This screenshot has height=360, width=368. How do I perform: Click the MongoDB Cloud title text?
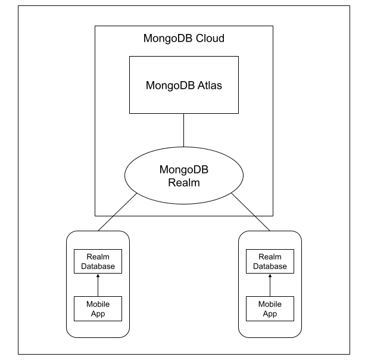184,39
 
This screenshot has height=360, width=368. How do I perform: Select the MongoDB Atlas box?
184,85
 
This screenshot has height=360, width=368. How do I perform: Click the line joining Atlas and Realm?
184,131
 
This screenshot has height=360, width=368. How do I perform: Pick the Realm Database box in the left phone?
98,261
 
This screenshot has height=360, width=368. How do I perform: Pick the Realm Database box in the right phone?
270,261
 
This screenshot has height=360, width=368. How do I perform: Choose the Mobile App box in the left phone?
98,309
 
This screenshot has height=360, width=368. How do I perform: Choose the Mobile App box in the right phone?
270,309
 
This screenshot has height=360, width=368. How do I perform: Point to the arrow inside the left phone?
98,285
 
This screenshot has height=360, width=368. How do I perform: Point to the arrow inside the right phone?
270,285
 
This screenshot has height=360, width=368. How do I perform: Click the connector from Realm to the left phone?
117,212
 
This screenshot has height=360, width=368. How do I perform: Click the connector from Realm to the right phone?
251,212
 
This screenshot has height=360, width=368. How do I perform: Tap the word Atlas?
210,85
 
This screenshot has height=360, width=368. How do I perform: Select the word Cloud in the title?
210,39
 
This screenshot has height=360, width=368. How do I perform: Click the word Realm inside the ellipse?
184,183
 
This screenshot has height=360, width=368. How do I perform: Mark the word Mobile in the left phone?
98,305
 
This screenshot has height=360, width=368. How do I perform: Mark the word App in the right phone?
270,314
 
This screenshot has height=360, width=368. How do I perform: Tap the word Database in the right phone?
270,266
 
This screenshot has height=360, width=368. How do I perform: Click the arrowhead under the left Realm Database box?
98,275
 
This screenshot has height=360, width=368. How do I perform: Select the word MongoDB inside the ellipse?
184,170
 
